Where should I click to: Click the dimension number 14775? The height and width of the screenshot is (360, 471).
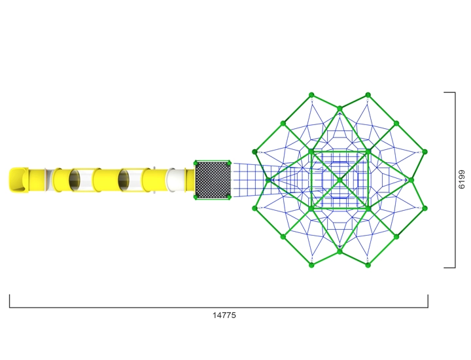[x=224, y=315]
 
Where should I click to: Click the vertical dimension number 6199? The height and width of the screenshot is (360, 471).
[x=461, y=179]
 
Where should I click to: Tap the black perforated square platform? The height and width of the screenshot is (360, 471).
[x=213, y=180]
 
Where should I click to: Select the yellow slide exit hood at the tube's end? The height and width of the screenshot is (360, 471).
[x=18, y=180]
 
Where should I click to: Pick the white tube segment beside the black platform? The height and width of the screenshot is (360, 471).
[x=176, y=180]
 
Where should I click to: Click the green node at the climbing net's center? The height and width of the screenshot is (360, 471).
[x=340, y=180]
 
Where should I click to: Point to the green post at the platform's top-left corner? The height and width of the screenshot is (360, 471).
[x=196, y=163]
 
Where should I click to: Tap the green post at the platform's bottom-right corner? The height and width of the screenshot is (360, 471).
[x=229, y=197]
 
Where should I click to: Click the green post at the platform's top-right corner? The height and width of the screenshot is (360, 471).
[x=229, y=163]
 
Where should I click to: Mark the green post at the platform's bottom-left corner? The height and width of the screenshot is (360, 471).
[x=196, y=197]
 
